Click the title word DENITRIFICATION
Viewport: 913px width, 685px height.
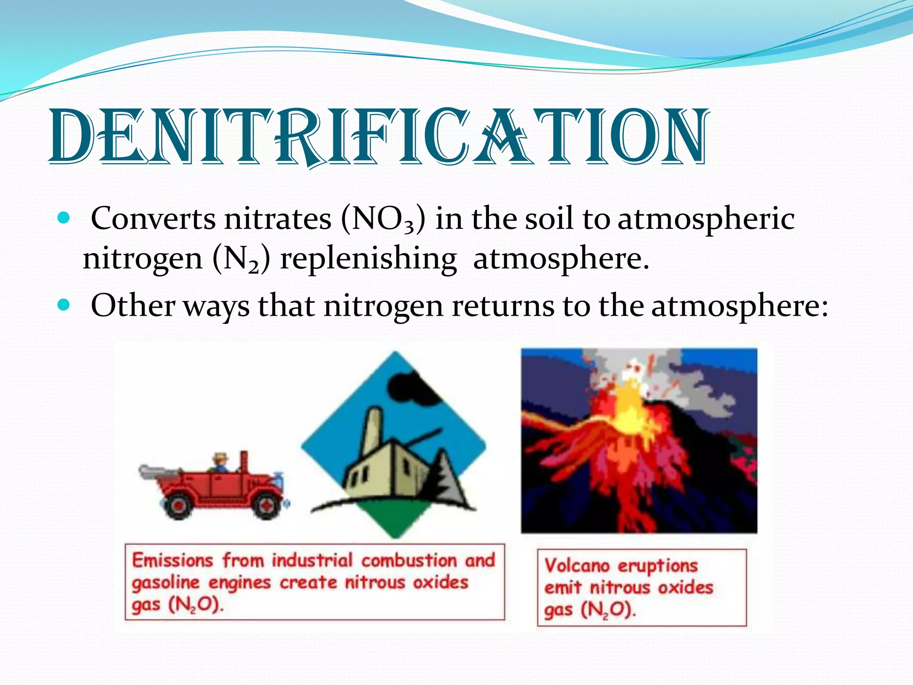coord(378,136)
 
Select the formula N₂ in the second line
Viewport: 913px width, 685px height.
coord(241,259)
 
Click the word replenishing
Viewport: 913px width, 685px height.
coord(368,259)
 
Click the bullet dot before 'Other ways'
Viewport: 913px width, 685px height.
coord(64,305)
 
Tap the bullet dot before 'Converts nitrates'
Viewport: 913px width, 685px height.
coord(64,219)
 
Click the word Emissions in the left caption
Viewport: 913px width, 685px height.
coord(173,560)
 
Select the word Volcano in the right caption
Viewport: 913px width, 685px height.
coord(577,565)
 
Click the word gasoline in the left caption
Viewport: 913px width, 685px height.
coord(165,582)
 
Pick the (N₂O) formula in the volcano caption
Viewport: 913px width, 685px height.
coord(609,610)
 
